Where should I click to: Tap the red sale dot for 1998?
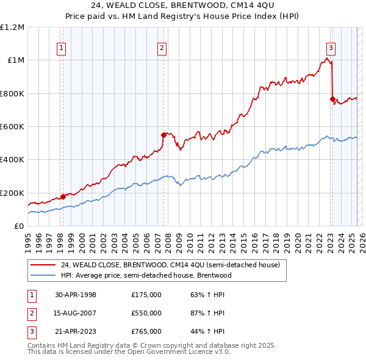click(63, 197)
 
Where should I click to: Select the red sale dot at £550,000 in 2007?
click(163, 135)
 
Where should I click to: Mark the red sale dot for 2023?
click(332, 99)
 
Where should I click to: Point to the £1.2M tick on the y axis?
click(13, 27)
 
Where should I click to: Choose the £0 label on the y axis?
click(19, 226)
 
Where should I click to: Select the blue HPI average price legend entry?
click(146, 275)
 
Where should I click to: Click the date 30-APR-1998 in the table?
click(76, 295)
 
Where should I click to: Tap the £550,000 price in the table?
click(146, 313)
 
